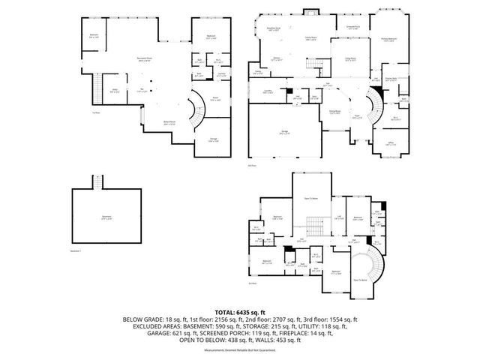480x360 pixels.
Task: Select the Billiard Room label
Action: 170,121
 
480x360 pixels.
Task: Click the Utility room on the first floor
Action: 115,91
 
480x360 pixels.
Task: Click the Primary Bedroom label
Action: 388,40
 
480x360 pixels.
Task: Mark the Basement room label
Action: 105,217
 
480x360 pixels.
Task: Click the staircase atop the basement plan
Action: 96,182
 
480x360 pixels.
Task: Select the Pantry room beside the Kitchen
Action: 259,72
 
